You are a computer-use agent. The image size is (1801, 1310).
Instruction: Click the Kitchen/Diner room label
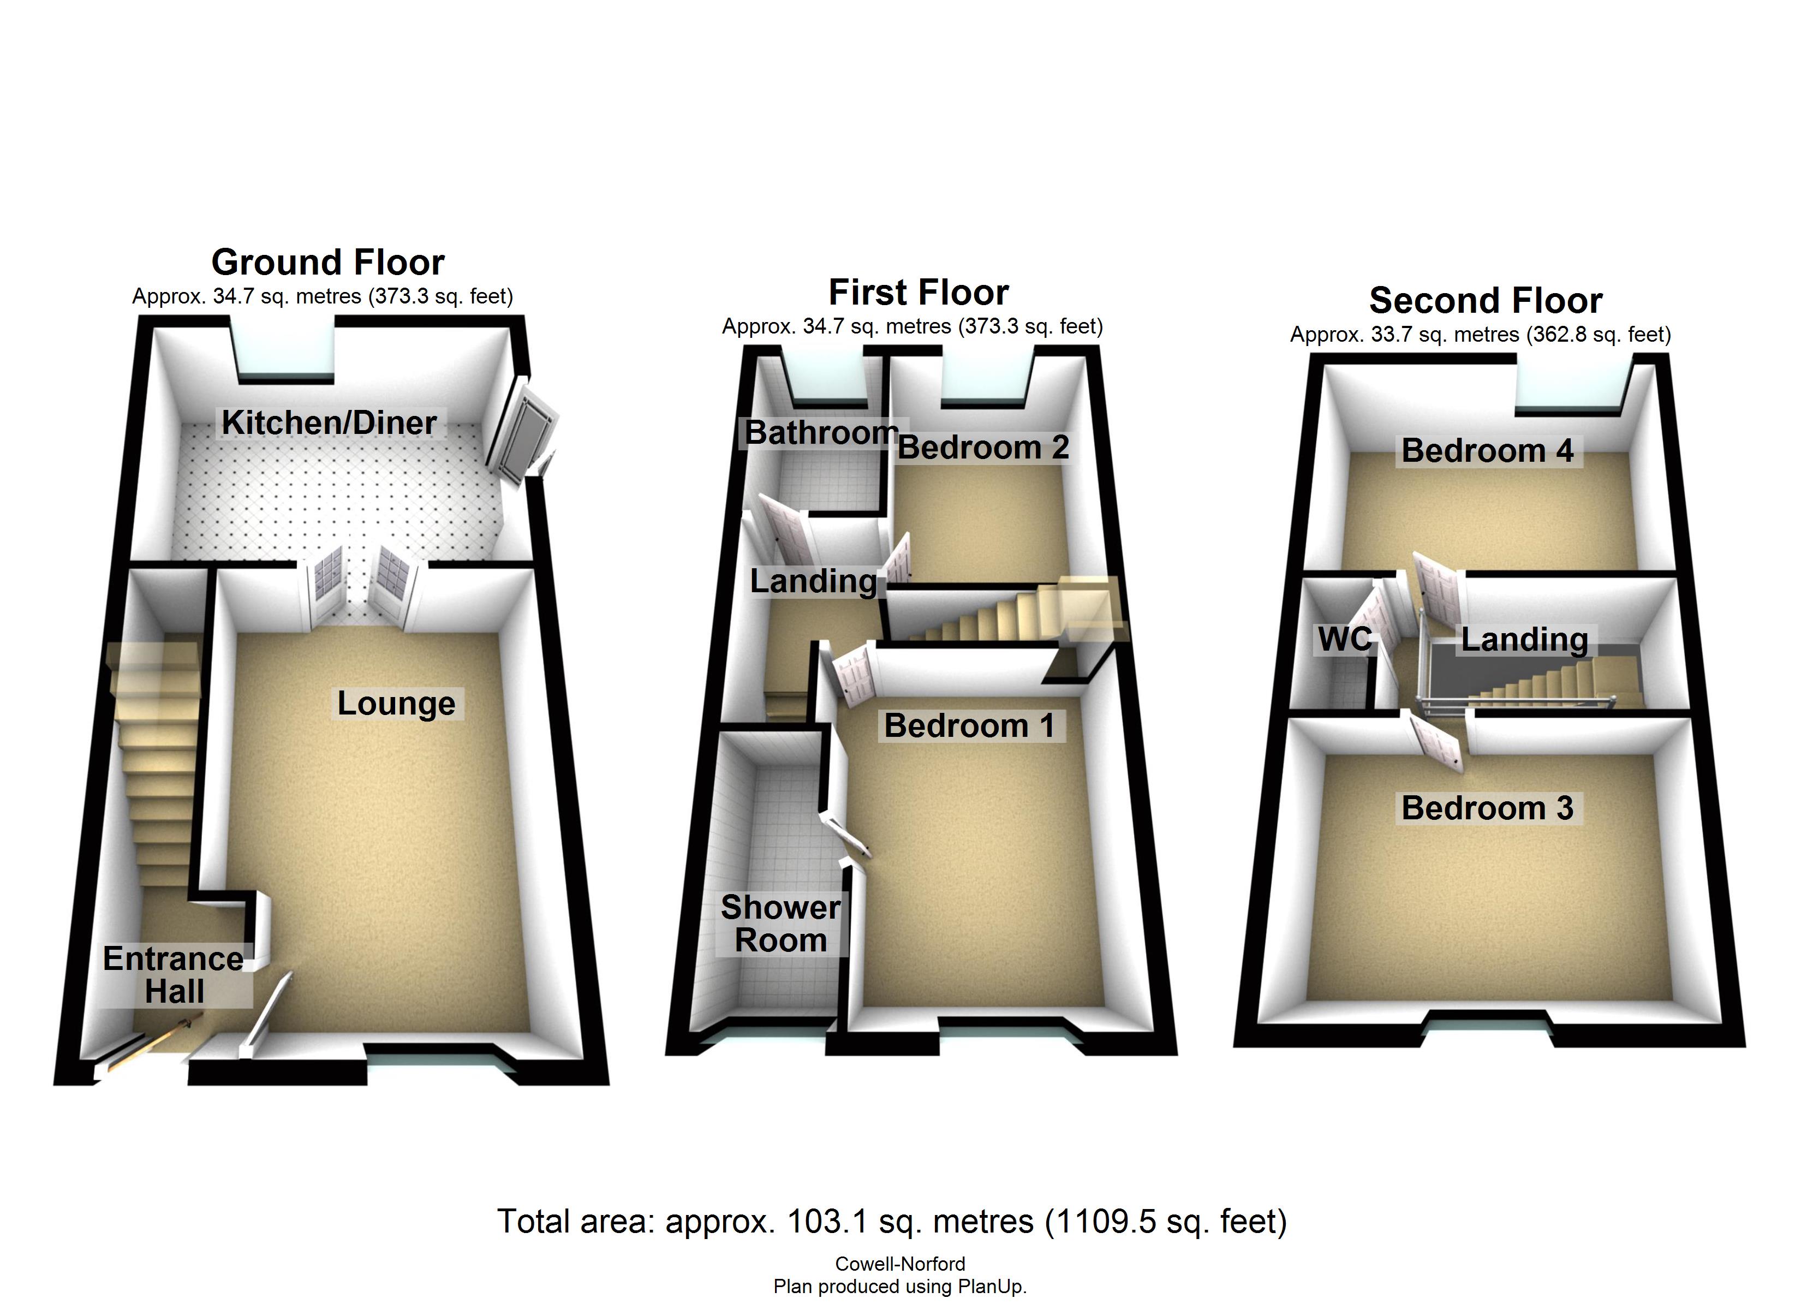click(x=329, y=422)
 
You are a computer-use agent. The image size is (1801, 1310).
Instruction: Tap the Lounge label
click(x=396, y=703)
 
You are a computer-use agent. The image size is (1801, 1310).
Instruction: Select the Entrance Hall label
click(x=174, y=975)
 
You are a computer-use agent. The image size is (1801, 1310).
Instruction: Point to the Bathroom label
click(x=821, y=433)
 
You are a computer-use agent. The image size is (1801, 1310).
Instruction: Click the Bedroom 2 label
click(x=983, y=447)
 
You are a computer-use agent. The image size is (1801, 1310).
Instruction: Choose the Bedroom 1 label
click(x=970, y=725)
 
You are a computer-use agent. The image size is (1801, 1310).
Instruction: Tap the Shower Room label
click(x=780, y=923)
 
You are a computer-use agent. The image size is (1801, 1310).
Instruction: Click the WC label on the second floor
click(x=1344, y=639)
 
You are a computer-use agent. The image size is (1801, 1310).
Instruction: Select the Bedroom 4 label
click(x=1487, y=450)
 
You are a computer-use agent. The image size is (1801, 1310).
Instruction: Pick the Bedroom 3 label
click(x=1487, y=808)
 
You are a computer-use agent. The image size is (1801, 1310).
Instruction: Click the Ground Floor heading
click(x=328, y=262)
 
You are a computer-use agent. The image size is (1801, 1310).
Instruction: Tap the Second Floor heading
click(x=1486, y=300)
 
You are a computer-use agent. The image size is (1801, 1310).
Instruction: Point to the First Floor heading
click(x=919, y=293)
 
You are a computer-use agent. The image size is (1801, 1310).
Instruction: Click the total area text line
click(x=892, y=1221)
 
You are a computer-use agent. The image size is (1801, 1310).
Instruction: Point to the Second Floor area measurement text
click(x=1480, y=335)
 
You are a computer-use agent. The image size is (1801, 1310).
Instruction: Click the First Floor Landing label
click(x=813, y=581)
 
